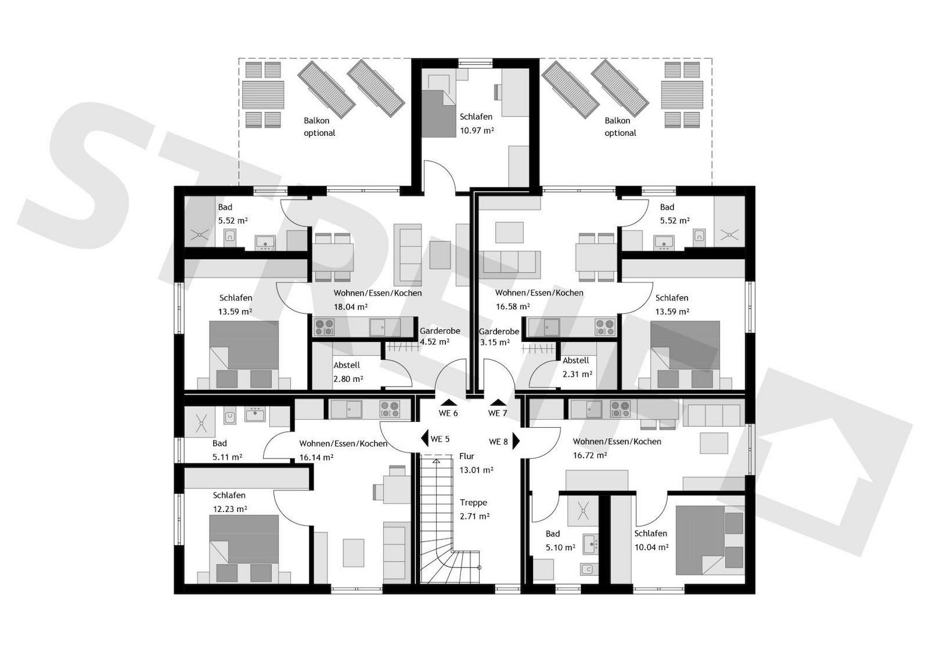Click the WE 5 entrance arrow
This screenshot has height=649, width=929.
pyautogui.click(x=424, y=439)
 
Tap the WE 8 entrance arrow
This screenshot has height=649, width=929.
pyautogui.click(x=516, y=441)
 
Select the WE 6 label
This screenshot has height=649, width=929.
pyautogui.click(x=448, y=413)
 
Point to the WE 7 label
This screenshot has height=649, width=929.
pyautogui.click(x=498, y=413)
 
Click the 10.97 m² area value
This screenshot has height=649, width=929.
pyautogui.click(x=477, y=130)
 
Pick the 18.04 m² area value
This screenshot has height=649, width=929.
pyautogui.click(x=350, y=307)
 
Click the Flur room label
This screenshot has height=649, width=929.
pyautogui.click(x=466, y=456)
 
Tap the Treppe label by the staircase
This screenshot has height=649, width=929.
pyautogui.click(x=473, y=502)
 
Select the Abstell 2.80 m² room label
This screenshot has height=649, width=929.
pyautogui.click(x=348, y=372)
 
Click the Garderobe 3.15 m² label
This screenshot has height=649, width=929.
pyautogui.click(x=499, y=337)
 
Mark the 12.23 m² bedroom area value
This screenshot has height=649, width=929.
pyautogui.click(x=230, y=509)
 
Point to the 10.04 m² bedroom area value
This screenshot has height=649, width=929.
pyautogui.click(x=651, y=547)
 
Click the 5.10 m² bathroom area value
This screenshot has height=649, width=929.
pyautogui.click(x=560, y=547)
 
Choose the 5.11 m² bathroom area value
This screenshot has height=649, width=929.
pyautogui.click(x=227, y=457)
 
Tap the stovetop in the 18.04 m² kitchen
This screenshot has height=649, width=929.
pyautogui.click(x=324, y=327)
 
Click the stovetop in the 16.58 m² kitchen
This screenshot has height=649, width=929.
pyautogui.click(x=605, y=327)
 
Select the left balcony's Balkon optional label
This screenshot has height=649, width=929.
pyautogui.click(x=319, y=127)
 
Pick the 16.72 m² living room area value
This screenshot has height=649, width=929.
pyautogui.click(x=589, y=456)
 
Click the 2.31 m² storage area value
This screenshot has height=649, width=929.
pyautogui.click(x=577, y=374)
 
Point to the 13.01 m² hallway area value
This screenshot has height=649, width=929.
pyautogui.click(x=476, y=471)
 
